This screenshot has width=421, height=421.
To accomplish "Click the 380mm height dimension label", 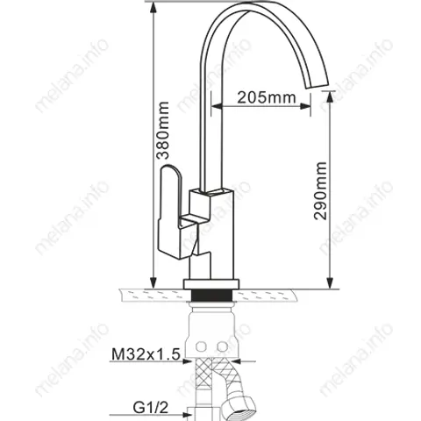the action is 162,131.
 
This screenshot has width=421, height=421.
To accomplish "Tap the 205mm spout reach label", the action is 267,97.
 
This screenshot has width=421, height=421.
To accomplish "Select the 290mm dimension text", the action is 320,190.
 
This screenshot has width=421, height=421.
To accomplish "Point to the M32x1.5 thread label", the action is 146,354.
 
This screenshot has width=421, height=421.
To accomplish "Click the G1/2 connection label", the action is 151,407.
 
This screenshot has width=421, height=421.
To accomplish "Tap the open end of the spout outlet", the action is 318,83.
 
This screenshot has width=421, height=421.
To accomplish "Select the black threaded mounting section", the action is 211,295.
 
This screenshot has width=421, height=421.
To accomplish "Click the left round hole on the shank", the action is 201,346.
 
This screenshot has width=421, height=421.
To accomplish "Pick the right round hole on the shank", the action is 223,346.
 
